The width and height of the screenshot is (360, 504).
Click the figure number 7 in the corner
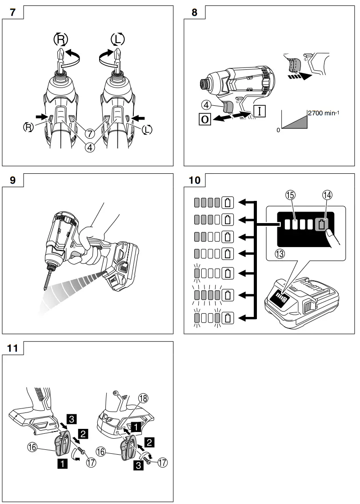[x=14, y=12]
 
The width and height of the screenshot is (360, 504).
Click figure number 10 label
[x=194, y=180]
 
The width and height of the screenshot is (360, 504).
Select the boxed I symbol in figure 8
[x=260, y=109]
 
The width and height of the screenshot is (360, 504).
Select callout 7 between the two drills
[x=90, y=133]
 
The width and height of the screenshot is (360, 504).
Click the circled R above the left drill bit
[x=61, y=40]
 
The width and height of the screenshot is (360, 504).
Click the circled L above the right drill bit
[x=117, y=40]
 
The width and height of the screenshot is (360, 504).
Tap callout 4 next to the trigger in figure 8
[x=205, y=106]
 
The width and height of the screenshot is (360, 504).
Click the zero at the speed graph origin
[x=279, y=131]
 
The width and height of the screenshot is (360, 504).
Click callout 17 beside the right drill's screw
[x=162, y=463]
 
